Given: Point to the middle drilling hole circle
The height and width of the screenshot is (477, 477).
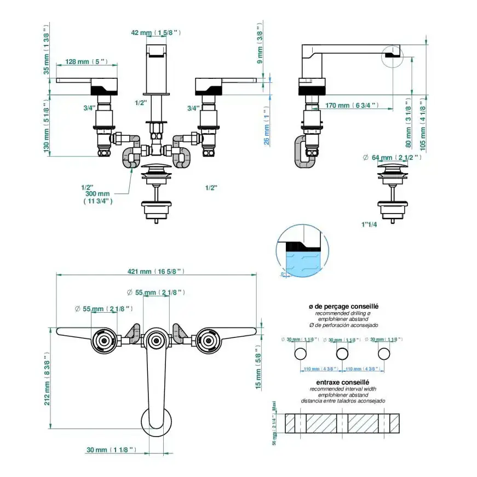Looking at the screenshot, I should tap(342, 353).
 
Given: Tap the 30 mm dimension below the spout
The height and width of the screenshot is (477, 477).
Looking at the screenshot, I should tap(111, 450).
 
